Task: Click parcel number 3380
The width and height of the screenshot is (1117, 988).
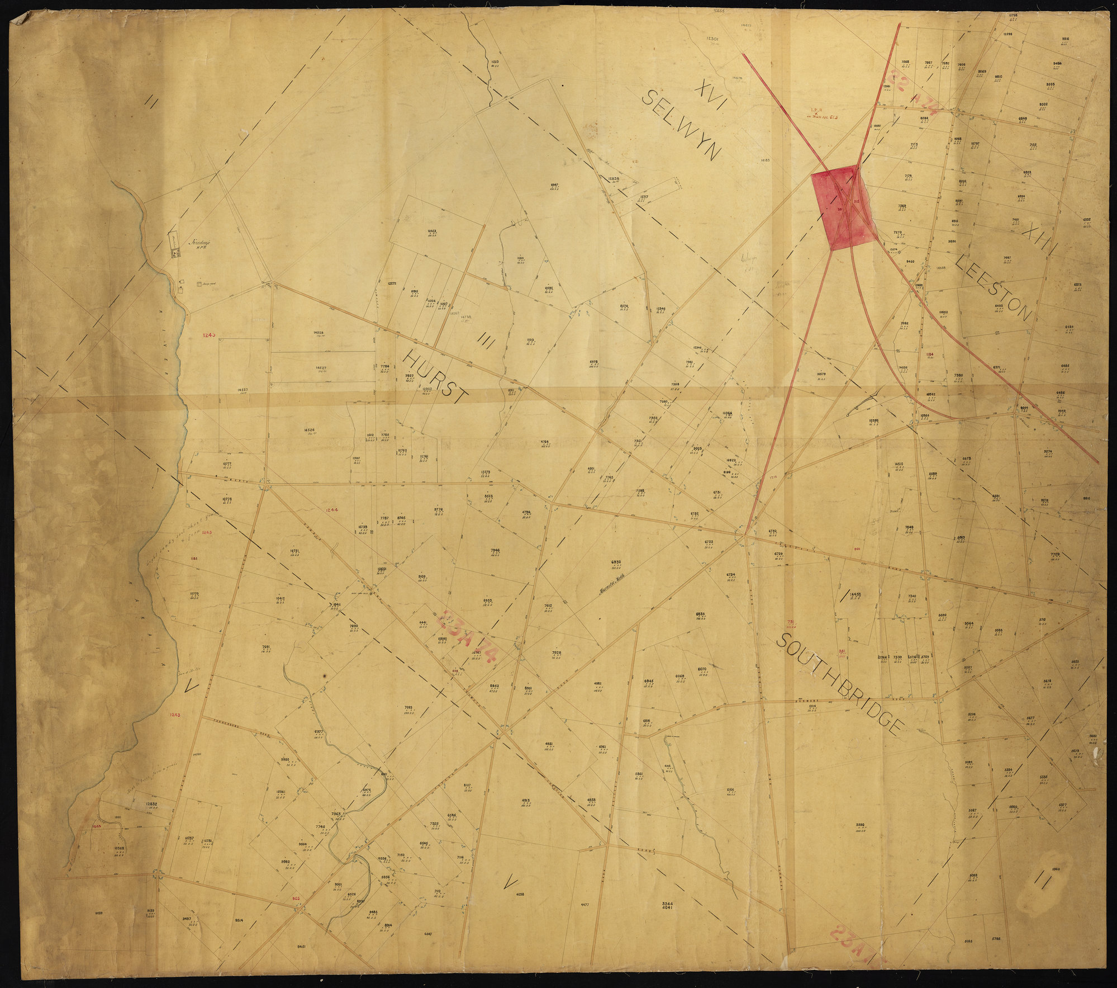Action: pos(860,825)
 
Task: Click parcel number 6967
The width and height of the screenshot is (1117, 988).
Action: pos(555,185)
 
